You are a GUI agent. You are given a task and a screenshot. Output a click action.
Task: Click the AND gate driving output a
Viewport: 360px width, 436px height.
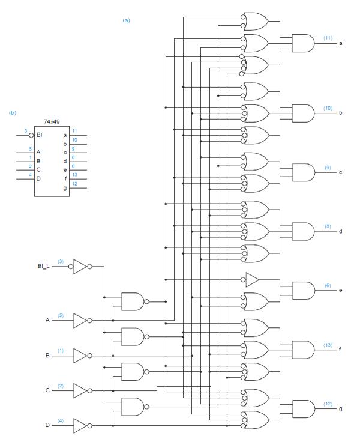(302, 43)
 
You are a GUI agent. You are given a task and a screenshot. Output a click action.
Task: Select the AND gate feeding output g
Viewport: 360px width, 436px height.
(302, 408)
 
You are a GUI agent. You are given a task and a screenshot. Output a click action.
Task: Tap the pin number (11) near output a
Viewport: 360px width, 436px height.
(328, 38)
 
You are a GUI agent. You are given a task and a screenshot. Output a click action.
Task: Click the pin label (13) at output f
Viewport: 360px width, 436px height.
(328, 345)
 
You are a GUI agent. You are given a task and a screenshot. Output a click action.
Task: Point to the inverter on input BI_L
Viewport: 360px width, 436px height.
(80, 267)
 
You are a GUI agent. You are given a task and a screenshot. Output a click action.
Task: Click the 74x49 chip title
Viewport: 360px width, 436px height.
(52, 121)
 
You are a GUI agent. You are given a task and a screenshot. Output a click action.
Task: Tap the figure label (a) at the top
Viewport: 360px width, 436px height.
(126, 20)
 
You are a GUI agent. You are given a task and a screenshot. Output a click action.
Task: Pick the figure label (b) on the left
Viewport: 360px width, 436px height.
(12, 112)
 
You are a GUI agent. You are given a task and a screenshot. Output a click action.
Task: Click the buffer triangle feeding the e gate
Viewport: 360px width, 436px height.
(252, 279)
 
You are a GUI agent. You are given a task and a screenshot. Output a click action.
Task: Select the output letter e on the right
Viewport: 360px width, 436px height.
(341, 290)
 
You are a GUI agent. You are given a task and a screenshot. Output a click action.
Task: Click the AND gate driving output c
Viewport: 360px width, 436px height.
(302, 172)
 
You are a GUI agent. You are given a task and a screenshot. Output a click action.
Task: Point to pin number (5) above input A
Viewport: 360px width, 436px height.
(60, 315)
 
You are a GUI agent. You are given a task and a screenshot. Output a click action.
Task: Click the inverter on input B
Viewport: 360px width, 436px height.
(80, 356)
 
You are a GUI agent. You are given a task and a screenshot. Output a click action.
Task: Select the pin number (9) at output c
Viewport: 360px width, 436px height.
(328, 167)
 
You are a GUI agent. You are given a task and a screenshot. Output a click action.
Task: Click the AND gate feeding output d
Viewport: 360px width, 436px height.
(302, 231)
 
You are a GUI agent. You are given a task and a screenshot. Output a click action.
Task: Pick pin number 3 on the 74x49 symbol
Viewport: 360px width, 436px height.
(26, 130)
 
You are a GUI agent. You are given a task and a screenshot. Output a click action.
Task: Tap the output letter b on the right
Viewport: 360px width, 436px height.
(341, 113)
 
